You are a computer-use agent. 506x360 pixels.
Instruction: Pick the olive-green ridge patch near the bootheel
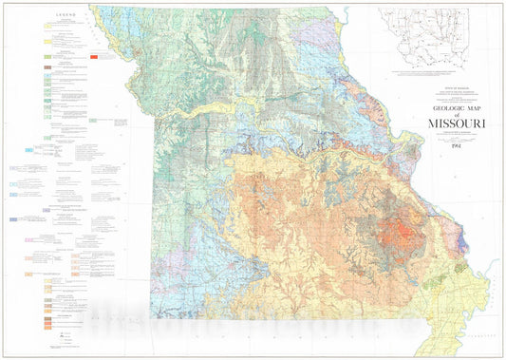click(x=462, y=269)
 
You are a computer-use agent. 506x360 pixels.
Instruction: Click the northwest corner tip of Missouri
click(x=92, y=8)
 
